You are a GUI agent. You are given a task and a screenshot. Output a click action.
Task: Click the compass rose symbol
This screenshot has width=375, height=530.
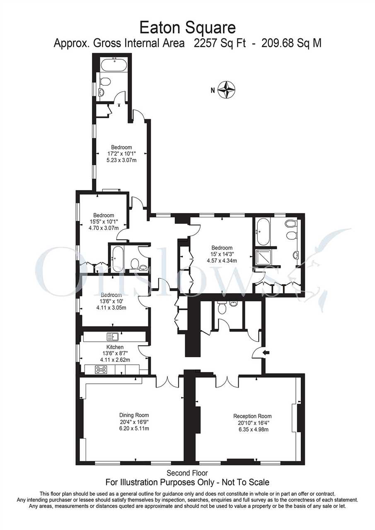(x=227, y=90)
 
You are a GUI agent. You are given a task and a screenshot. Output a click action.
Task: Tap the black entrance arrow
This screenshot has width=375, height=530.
(x=266, y=352)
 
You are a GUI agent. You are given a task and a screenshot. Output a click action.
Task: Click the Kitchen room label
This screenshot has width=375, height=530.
(x=115, y=347)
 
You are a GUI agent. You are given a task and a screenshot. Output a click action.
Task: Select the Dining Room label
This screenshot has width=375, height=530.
(x=134, y=415)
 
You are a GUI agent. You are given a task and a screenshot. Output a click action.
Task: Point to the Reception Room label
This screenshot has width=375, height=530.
(x=252, y=416)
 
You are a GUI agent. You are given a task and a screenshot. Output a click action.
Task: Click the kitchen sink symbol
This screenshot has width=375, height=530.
(x=113, y=337)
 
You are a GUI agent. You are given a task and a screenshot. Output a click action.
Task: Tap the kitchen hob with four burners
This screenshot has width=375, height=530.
(x=101, y=369)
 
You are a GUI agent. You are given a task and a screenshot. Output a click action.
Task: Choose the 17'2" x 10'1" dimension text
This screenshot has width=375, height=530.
(x=121, y=154)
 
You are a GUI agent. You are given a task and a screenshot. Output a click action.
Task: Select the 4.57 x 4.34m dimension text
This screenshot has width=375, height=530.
(x=222, y=261)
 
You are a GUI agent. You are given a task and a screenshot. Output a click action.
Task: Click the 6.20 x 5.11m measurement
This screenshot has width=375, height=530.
(x=134, y=428)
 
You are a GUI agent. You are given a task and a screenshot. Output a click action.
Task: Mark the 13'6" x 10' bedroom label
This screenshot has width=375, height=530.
(x=111, y=301)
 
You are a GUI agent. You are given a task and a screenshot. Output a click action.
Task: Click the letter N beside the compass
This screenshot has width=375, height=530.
(x=213, y=90)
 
